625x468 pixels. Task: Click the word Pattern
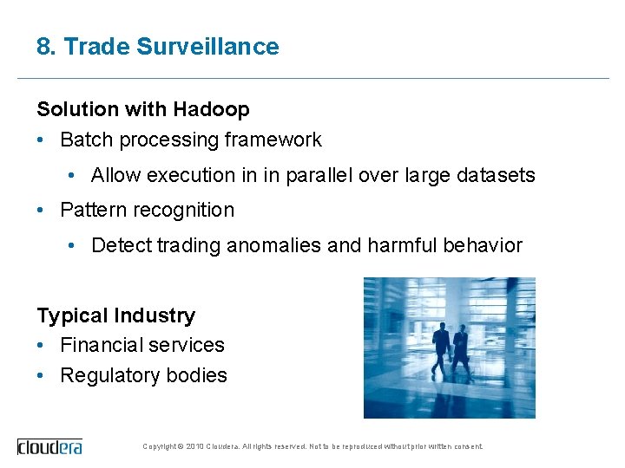point(89,210)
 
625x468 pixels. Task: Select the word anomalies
point(273,245)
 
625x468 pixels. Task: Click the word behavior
point(483,245)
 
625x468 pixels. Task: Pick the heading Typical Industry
point(115,315)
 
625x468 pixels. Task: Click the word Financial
point(97,345)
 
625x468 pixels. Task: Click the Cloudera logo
point(50,446)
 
